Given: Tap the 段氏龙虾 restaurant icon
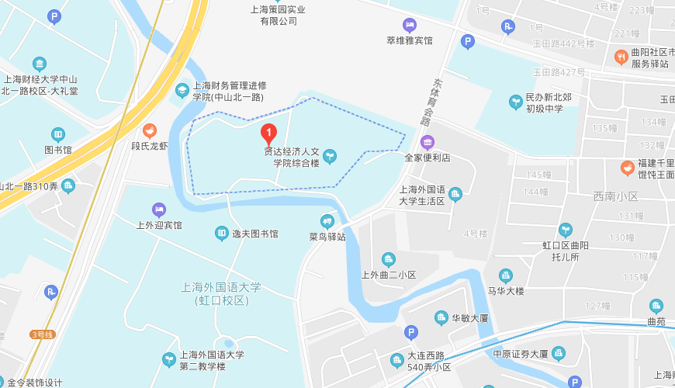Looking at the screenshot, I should [150, 130].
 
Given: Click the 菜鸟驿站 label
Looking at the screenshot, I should [327, 236].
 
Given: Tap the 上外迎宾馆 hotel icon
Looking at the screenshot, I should [159, 209].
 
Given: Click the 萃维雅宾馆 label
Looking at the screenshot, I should [409, 40].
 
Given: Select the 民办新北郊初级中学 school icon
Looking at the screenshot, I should [516, 102].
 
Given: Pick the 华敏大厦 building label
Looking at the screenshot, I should [471, 318].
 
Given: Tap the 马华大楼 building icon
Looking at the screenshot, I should [506, 275].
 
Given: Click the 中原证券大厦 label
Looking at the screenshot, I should [521, 354].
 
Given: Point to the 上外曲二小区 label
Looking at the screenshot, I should [389, 275].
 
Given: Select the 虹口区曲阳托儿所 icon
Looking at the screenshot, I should [566, 230].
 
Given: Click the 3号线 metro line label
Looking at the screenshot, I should [42, 334].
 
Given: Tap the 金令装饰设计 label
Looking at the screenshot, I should [32, 383].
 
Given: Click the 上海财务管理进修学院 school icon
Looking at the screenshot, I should [182, 91].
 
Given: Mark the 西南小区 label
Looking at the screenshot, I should [615, 196].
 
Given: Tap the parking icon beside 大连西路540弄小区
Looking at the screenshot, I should [411, 332].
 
